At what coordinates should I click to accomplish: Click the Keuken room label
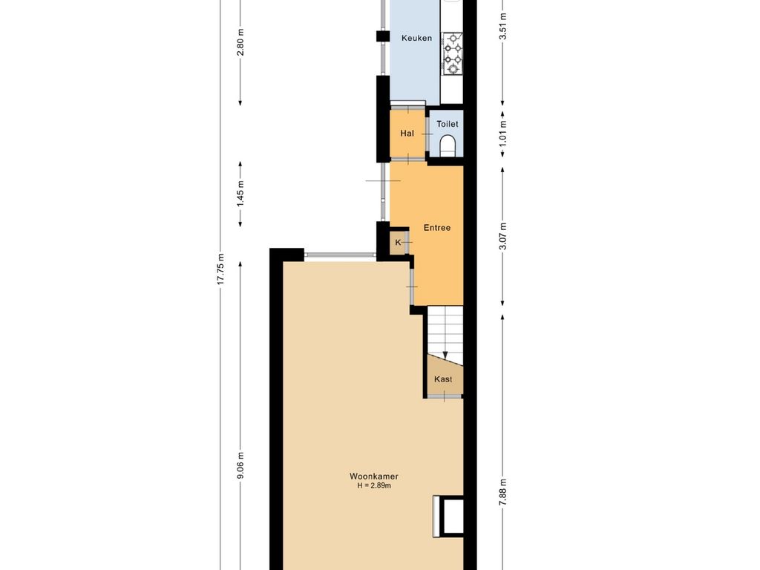coord(416,38)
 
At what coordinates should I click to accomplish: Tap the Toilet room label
coord(447,124)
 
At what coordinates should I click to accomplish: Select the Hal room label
coord(407,134)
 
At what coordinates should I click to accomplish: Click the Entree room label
coord(436,227)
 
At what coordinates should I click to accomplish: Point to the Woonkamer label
coord(374,476)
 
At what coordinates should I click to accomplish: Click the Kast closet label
coord(443,379)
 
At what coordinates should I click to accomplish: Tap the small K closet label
coord(399,243)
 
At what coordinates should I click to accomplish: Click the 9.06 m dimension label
coord(241,466)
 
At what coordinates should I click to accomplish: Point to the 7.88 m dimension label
coord(503,493)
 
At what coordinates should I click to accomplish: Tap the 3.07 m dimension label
coord(503,237)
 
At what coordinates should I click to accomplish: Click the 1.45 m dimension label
coord(241,194)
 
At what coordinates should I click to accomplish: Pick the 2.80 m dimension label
coord(241,42)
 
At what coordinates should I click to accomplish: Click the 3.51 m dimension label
coord(503,25)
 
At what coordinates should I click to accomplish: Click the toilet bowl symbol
coord(447,145)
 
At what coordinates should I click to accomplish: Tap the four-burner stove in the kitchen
coord(453,53)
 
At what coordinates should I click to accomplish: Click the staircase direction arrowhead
coord(445,356)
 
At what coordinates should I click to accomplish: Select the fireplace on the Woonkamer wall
coord(448,517)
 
